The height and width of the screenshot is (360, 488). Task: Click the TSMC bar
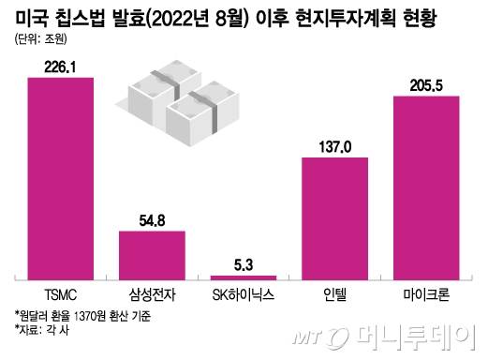(x=60, y=177)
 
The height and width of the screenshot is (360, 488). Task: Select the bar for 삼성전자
(x=151, y=255)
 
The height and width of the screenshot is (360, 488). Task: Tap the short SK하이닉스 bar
(x=243, y=277)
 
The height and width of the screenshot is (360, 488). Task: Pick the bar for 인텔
(x=334, y=217)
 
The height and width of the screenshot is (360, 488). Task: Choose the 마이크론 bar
(x=426, y=187)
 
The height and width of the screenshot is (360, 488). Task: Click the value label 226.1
(x=60, y=66)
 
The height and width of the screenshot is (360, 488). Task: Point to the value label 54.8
(x=152, y=221)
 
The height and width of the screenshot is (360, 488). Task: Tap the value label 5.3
(x=243, y=265)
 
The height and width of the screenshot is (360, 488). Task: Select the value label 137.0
(x=334, y=147)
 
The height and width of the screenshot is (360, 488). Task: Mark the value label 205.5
(x=426, y=85)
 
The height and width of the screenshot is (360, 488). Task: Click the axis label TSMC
(x=60, y=292)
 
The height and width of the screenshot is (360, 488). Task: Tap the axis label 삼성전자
(x=151, y=292)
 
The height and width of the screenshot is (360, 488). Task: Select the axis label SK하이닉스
(x=243, y=292)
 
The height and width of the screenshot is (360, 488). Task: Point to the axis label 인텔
(x=334, y=292)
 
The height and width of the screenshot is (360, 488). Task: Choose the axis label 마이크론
(x=426, y=292)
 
